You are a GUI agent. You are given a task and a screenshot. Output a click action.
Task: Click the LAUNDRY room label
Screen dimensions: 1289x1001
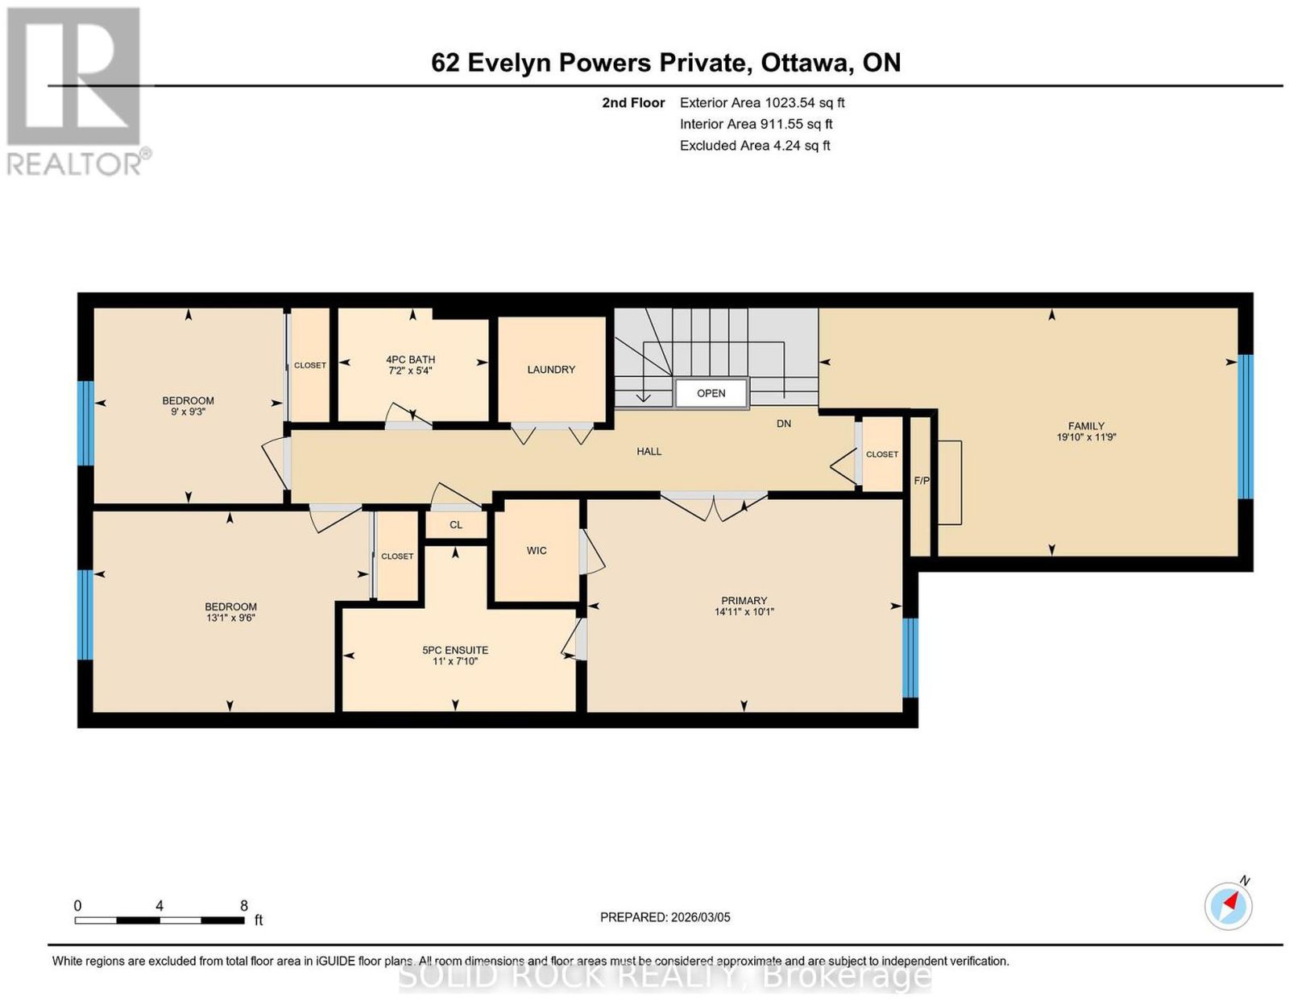click(x=550, y=370)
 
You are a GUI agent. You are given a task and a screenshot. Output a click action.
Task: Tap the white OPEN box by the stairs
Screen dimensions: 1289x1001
click(x=711, y=394)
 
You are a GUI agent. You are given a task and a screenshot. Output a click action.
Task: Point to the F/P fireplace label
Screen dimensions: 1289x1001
click(x=921, y=482)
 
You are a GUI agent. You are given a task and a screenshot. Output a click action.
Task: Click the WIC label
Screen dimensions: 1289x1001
click(x=537, y=551)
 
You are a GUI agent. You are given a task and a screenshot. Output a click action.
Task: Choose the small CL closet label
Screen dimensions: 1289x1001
click(x=455, y=525)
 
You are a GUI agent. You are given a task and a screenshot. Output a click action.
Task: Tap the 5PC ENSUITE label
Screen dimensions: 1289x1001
click(x=455, y=650)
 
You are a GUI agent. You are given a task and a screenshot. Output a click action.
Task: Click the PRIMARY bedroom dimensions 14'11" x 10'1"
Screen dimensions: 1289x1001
click(x=744, y=611)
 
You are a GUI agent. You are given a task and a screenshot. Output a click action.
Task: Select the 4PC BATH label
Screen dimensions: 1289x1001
click(x=411, y=360)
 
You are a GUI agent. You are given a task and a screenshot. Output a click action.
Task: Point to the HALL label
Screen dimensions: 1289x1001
click(x=649, y=452)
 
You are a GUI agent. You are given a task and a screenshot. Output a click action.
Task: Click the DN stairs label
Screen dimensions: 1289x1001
click(x=784, y=424)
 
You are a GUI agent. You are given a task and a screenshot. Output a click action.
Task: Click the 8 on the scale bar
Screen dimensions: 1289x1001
click(x=244, y=906)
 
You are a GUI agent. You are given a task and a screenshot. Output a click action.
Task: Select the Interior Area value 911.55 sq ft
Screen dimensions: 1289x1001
click(x=796, y=125)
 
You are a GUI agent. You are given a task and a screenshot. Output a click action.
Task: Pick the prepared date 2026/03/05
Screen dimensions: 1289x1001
click(x=701, y=917)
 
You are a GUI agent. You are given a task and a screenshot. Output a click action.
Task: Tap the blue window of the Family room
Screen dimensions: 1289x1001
click(x=1245, y=427)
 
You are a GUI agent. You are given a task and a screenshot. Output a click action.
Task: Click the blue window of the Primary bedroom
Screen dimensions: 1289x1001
click(x=910, y=658)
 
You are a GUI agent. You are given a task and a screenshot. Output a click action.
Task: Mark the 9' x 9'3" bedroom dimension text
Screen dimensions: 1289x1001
click(x=188, y=412)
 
